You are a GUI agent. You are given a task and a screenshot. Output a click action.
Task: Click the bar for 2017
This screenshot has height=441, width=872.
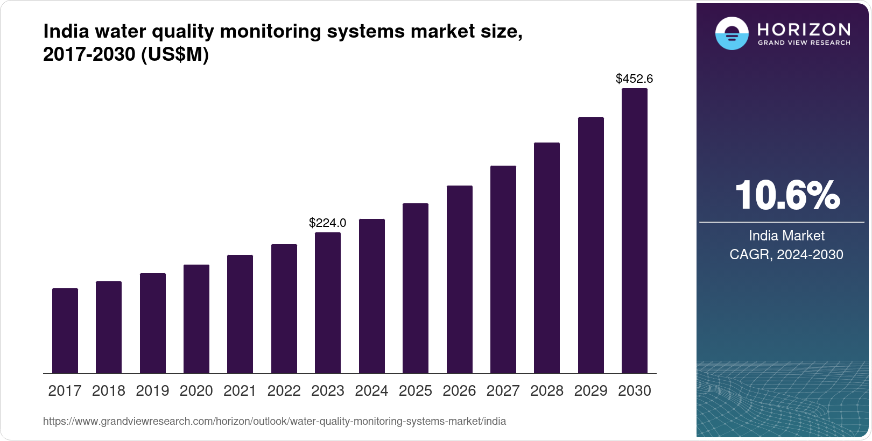65,331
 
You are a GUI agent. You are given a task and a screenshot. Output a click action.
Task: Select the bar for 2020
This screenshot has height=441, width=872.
196,319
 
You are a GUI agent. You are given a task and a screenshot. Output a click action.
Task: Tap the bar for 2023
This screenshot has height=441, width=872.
328,303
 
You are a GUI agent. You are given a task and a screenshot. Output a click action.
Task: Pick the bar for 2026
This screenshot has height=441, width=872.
459,280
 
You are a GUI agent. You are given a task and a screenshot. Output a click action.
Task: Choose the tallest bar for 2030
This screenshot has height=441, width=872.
635,231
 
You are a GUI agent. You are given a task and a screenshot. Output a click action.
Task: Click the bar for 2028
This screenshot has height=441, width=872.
547,258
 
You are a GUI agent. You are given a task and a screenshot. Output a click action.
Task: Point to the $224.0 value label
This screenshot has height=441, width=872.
327,223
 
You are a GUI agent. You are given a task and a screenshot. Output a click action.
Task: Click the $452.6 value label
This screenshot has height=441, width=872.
634,79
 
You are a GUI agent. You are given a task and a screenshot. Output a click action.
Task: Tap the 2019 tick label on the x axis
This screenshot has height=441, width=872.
152,391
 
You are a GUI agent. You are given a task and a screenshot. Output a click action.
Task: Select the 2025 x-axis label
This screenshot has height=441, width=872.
416,391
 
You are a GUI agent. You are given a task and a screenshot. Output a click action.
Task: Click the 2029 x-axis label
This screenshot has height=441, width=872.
590,391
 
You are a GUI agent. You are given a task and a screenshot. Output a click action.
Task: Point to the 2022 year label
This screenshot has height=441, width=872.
284,391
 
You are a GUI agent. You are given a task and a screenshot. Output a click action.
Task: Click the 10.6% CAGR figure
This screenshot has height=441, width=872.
786,195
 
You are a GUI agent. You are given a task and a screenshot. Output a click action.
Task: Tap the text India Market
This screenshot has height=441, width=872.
786,236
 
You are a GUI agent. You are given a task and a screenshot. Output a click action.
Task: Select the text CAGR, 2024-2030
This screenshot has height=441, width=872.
786,254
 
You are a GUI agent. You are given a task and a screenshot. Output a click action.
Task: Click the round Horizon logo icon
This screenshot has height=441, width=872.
732,33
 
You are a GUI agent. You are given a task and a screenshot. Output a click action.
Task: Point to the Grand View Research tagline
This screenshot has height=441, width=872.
804,42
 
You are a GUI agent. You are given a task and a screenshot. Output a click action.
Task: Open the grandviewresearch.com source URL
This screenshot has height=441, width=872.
275,421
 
